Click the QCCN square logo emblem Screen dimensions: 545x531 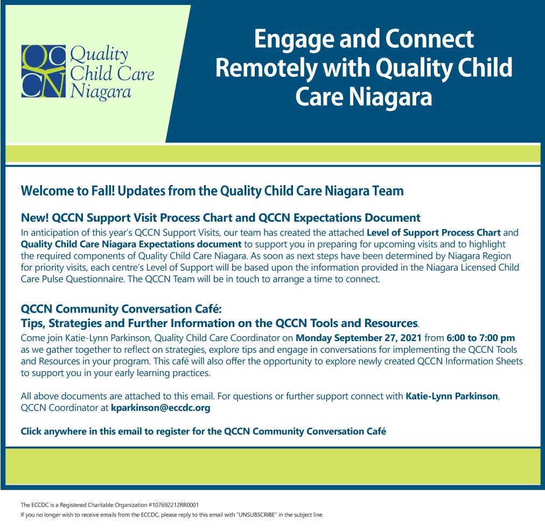[x=44, y=71]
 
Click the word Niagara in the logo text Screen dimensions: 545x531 [x=101, y=93]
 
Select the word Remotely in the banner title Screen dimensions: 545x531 [x=266, y=68]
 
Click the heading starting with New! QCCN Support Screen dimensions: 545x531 [x=221, y=218]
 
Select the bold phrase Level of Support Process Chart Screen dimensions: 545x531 [x=434, y=232]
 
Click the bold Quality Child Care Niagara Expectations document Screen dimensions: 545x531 [x=131, y=244]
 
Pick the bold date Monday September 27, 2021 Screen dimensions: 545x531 [x=358, y=338]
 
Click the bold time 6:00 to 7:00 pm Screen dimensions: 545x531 [x=481, y=338]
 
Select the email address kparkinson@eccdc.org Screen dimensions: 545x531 [x=160, y=408]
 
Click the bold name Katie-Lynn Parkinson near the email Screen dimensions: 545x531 [x=452, y=397]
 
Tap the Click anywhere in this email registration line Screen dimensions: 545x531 [x=204, y=431]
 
